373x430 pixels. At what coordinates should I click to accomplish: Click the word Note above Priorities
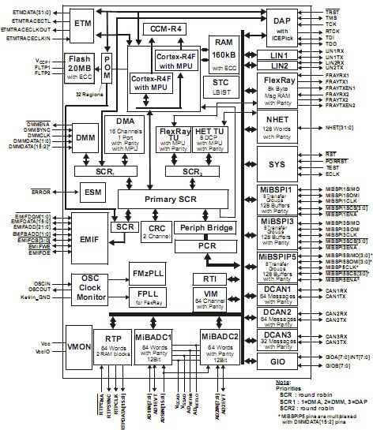(x=279, y=382)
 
